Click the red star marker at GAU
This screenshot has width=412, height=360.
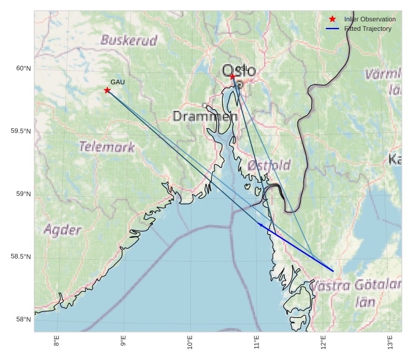point(107,90)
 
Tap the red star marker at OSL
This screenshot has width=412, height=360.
point(233,77)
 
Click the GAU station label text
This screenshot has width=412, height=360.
point(117,82)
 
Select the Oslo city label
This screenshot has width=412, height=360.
point(239,71)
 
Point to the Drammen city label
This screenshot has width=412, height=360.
point(205,116)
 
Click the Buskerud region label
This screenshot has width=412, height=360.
point(129,40)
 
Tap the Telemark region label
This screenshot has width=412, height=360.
point(107,146)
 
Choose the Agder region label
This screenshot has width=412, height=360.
point(62,230)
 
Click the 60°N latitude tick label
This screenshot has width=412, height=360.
point(23,69)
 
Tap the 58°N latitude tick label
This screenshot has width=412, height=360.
point(23,320)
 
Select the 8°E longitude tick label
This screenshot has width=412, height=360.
point(57,342)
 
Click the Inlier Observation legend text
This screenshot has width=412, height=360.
point(369,20)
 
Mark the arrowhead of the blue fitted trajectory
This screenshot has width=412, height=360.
point(261,225)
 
